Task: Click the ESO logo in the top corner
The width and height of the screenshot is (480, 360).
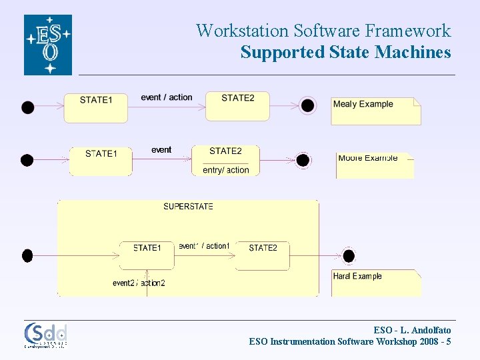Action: coord(48,45)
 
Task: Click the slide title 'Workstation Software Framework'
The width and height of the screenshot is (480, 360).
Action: coord(323,31)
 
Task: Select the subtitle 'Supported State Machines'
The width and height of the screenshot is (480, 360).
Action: coord(345,52)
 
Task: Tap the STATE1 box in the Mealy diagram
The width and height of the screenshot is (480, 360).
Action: coord(95,107)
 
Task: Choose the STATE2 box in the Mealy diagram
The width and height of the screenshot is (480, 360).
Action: coord(237,106)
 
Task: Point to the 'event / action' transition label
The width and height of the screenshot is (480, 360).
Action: coord(167,97)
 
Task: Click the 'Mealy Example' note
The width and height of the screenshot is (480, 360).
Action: coord(375,111)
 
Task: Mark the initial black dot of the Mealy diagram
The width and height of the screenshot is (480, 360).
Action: coord(27,107)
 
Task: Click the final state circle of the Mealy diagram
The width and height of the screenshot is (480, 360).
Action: coord(307,105)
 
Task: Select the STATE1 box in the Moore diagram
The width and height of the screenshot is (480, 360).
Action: coord(101,161)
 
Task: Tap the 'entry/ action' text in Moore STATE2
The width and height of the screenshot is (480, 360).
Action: coord(225,170)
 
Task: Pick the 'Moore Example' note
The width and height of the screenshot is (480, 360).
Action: coord(375,165)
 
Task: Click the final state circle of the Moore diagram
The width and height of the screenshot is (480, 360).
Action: coord(303,160)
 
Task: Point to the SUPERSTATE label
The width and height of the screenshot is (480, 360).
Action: coord(189,207)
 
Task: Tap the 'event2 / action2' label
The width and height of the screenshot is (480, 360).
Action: coord(139,283)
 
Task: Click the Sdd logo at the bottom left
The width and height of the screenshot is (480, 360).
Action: coord(46,335)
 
